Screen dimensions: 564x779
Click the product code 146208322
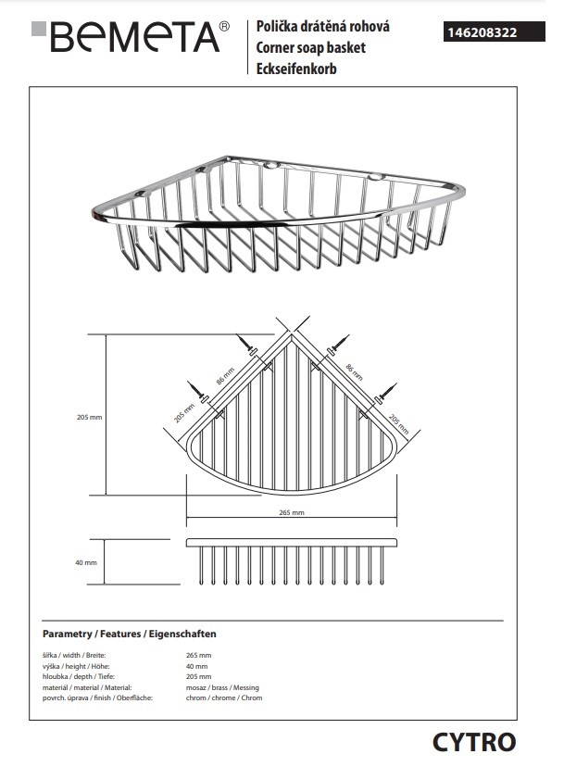[x=482, y=32]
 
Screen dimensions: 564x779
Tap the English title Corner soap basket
[x=310, y=47]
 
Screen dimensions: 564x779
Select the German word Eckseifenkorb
[x=296, y=69]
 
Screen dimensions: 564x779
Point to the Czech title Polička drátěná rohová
[x=322, y=26]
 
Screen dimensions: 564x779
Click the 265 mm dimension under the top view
[x=292, y=512]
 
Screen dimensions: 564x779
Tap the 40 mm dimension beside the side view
[x=86, y=562]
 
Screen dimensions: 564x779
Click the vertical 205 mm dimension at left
[x=90, y=417]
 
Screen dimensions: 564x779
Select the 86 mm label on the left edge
[x=225, y=375]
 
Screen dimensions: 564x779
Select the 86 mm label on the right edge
[x=355, y=371]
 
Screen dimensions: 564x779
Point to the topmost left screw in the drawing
[x=246, y=344]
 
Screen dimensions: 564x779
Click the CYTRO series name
[x=474, y=742]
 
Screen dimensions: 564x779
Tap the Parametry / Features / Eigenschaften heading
[x=130, y=634]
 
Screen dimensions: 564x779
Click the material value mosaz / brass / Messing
[x=222, y=687]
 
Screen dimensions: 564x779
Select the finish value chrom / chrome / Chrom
[x=224, y=697]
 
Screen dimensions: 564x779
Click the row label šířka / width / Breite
[x=74, y=655]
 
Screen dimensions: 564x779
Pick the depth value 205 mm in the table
[x=199, y=677]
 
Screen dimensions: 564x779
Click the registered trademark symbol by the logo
[x=225, y=26]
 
